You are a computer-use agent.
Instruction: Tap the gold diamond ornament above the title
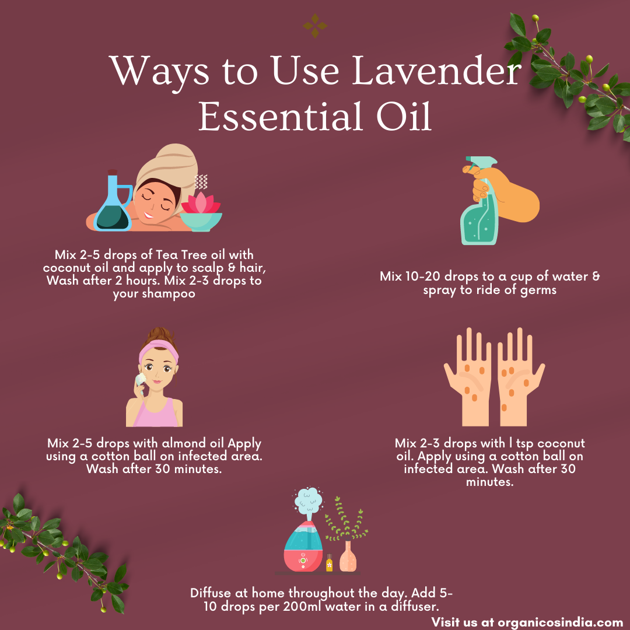tap(315, 26)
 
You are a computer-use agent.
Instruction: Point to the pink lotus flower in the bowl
tap(201, 202)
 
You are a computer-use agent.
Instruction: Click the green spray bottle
tap(480, 209)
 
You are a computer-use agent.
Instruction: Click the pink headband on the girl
tap(158, 350)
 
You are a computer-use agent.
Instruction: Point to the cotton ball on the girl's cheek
tap(141, 379)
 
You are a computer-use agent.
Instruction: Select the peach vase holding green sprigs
tap(348, 556)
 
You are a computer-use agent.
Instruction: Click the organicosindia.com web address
tap(561, 622)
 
